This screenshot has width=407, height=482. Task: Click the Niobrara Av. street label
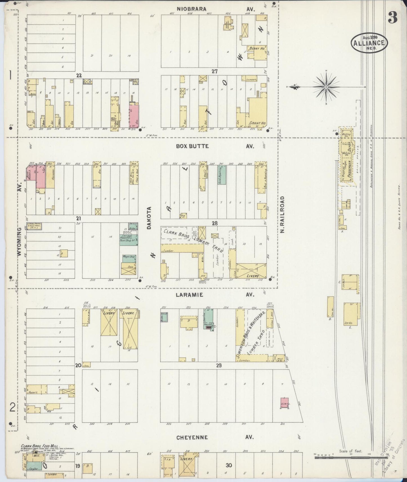[216, 9]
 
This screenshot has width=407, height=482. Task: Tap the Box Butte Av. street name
[216, 146]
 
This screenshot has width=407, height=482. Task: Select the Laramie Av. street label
[216, 295]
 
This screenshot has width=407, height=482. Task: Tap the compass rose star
[326, 87]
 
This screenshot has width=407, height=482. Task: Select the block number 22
[79, 75]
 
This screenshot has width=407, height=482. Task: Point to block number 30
[228, 465]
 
